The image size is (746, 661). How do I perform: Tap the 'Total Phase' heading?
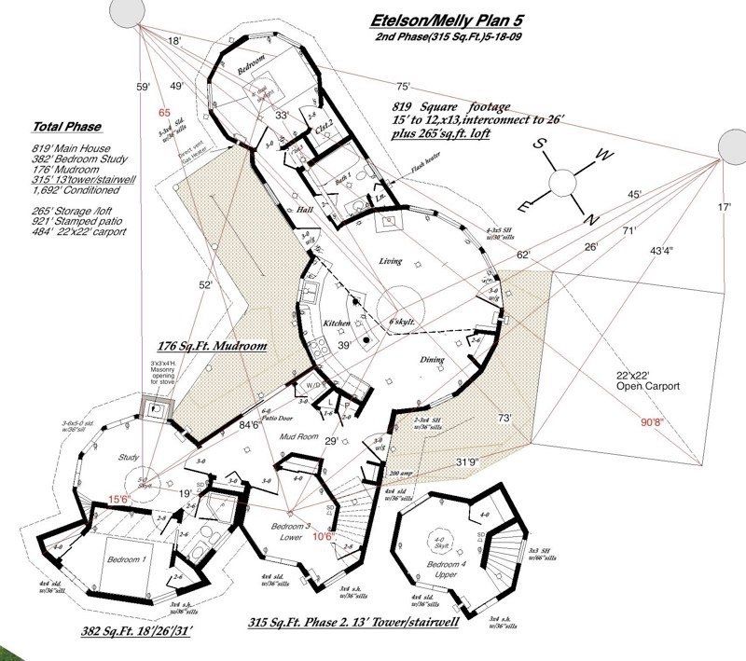click(x=67, y=127)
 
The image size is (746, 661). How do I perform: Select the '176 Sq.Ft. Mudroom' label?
click(x=212, y=346)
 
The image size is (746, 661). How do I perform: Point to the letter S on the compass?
click(x=539, y=145)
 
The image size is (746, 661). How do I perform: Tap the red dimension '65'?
click(x=165, y=113)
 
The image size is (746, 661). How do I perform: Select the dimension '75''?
click(x=403, y=87)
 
